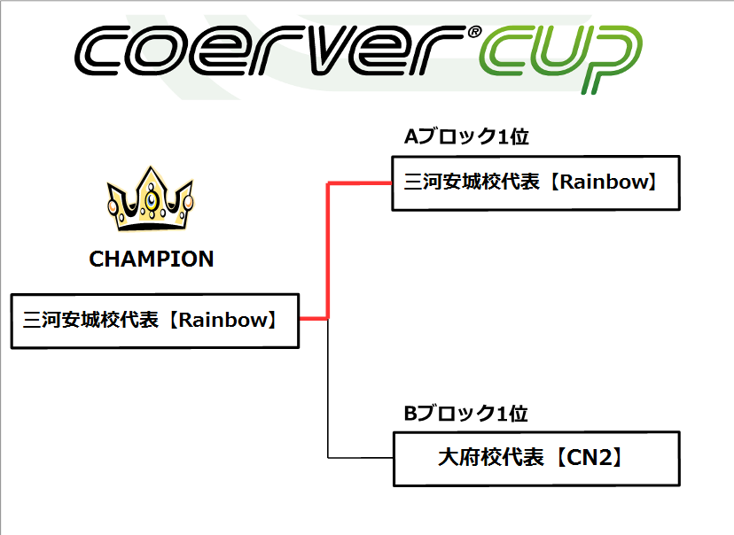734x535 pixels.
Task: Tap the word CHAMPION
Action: click(x=152, y=259)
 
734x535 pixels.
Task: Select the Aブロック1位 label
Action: click(x=466, y=136)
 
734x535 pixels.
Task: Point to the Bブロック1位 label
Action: click(x=465, y=414)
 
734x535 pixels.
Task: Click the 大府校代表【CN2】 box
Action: click(x=536, y=459)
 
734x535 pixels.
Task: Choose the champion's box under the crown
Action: click(x=155, y=321)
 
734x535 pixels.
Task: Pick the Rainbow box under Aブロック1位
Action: click(x=535, y=182)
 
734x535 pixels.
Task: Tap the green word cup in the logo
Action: click(x=560, y=58)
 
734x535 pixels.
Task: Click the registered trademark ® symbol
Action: click(x=474, y=32)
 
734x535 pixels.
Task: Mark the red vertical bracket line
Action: click(x=328, y=251)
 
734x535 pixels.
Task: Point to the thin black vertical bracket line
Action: click(x=328, y=389)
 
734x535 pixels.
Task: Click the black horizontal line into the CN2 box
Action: click(x=361, y=457)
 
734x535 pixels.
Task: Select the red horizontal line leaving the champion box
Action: click(x=314, y=319)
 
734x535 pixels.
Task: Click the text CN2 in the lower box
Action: click(x=590, y=458)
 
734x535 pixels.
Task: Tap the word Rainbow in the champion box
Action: click(x=223, y=321)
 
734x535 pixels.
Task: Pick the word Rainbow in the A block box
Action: click(x=604, y=182)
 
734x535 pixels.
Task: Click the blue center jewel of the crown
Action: click(x=151, y=200)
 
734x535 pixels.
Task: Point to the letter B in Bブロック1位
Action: click(x=410, y=414)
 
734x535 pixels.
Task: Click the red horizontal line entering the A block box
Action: click(x=360, y=182)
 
